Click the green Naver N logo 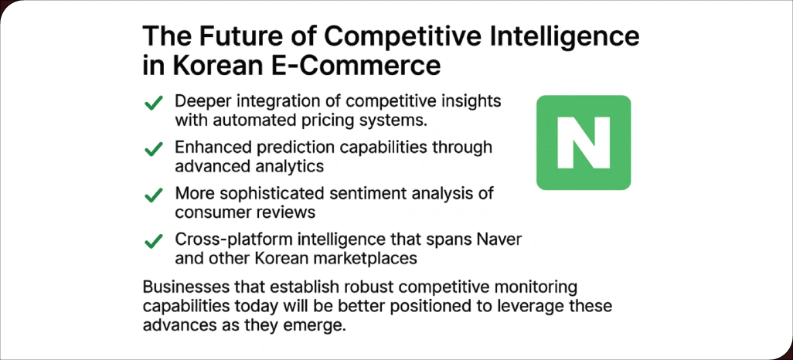[584, 143]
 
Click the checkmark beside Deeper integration [154, 103]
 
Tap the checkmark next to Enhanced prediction [154, 148]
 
